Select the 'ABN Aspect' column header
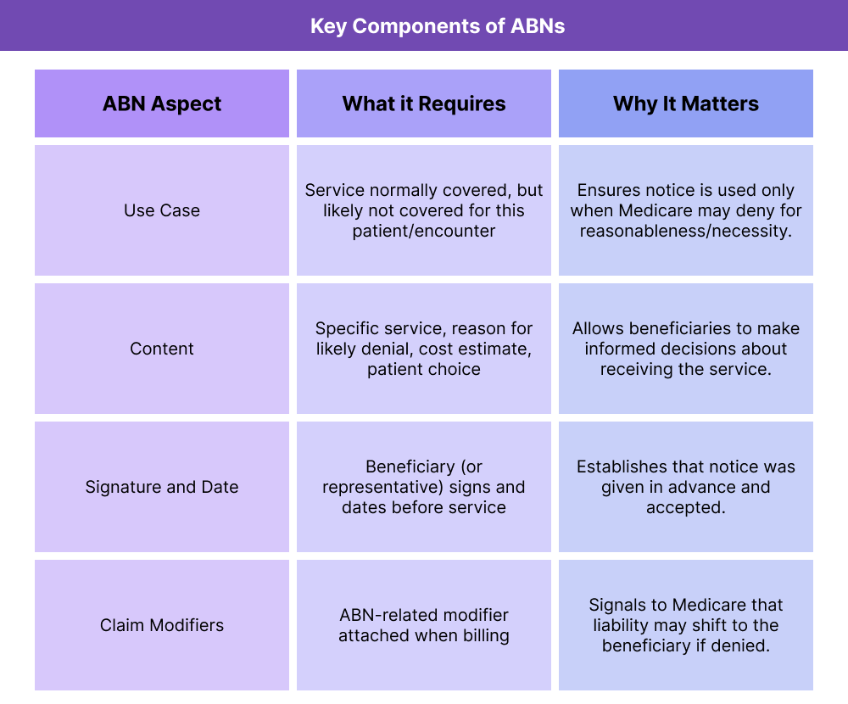tap(162, 103)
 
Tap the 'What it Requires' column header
tap(424, 103)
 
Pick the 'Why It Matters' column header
tap(686, 103)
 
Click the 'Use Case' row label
tap(162, 210)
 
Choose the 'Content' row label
tap(162, 349)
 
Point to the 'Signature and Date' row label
tap(162, 487)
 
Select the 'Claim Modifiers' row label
tap(162, 625)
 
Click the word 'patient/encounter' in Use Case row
tap(424, 231)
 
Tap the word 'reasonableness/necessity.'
tap(685, 231)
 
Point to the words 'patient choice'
tap(424, 369)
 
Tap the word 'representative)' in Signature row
tap(378, 487)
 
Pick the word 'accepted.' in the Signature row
tap(685, 507)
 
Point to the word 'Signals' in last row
tap(618, 605)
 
